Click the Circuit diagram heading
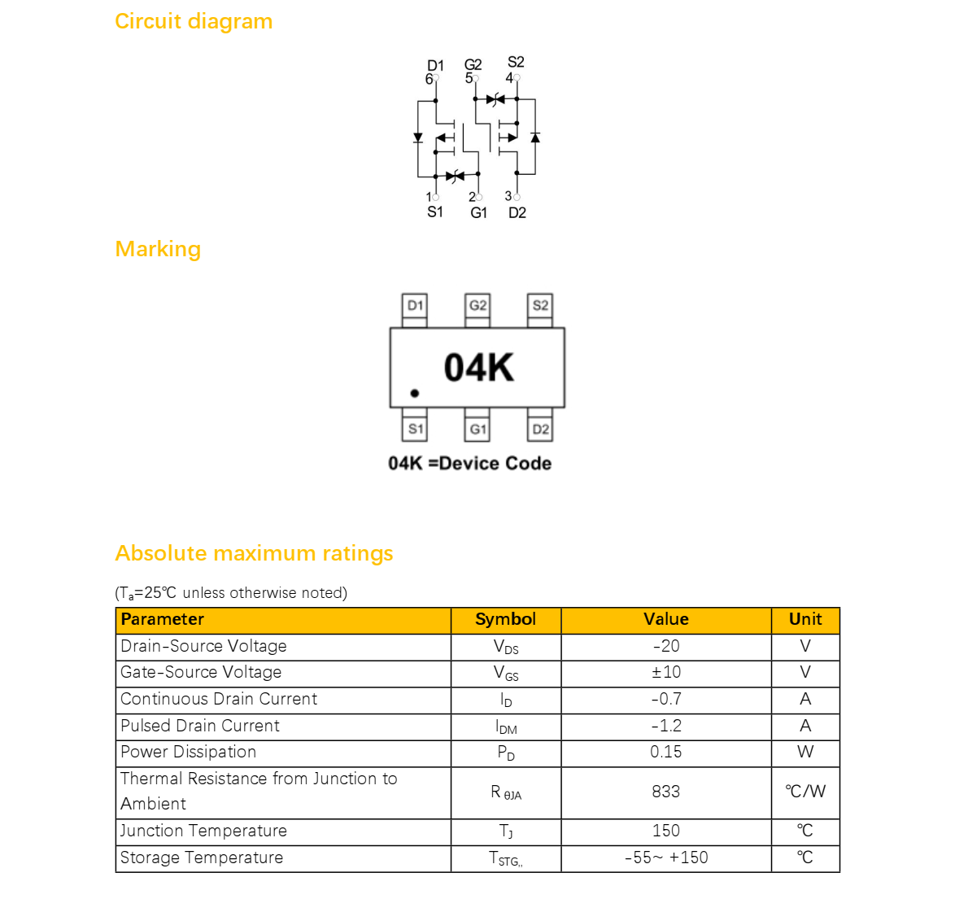click(194, 22)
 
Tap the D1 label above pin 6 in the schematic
click(435, 65)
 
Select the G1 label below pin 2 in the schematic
click(478, 213)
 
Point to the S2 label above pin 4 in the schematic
click(516, 62)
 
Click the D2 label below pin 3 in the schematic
click(517, 213)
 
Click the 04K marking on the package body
click(478, 368)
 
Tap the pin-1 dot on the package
click(414, 393)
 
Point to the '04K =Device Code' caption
click(470, 463)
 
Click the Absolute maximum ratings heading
click(254, 553)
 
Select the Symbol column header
click(506, 619)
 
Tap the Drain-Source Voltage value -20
click(666, 647)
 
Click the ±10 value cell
click(666, 673)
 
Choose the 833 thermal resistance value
click(666, 792)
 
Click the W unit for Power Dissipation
click(805, 752)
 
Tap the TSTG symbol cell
click(506, 858)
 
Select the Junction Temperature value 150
click(666, 831)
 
